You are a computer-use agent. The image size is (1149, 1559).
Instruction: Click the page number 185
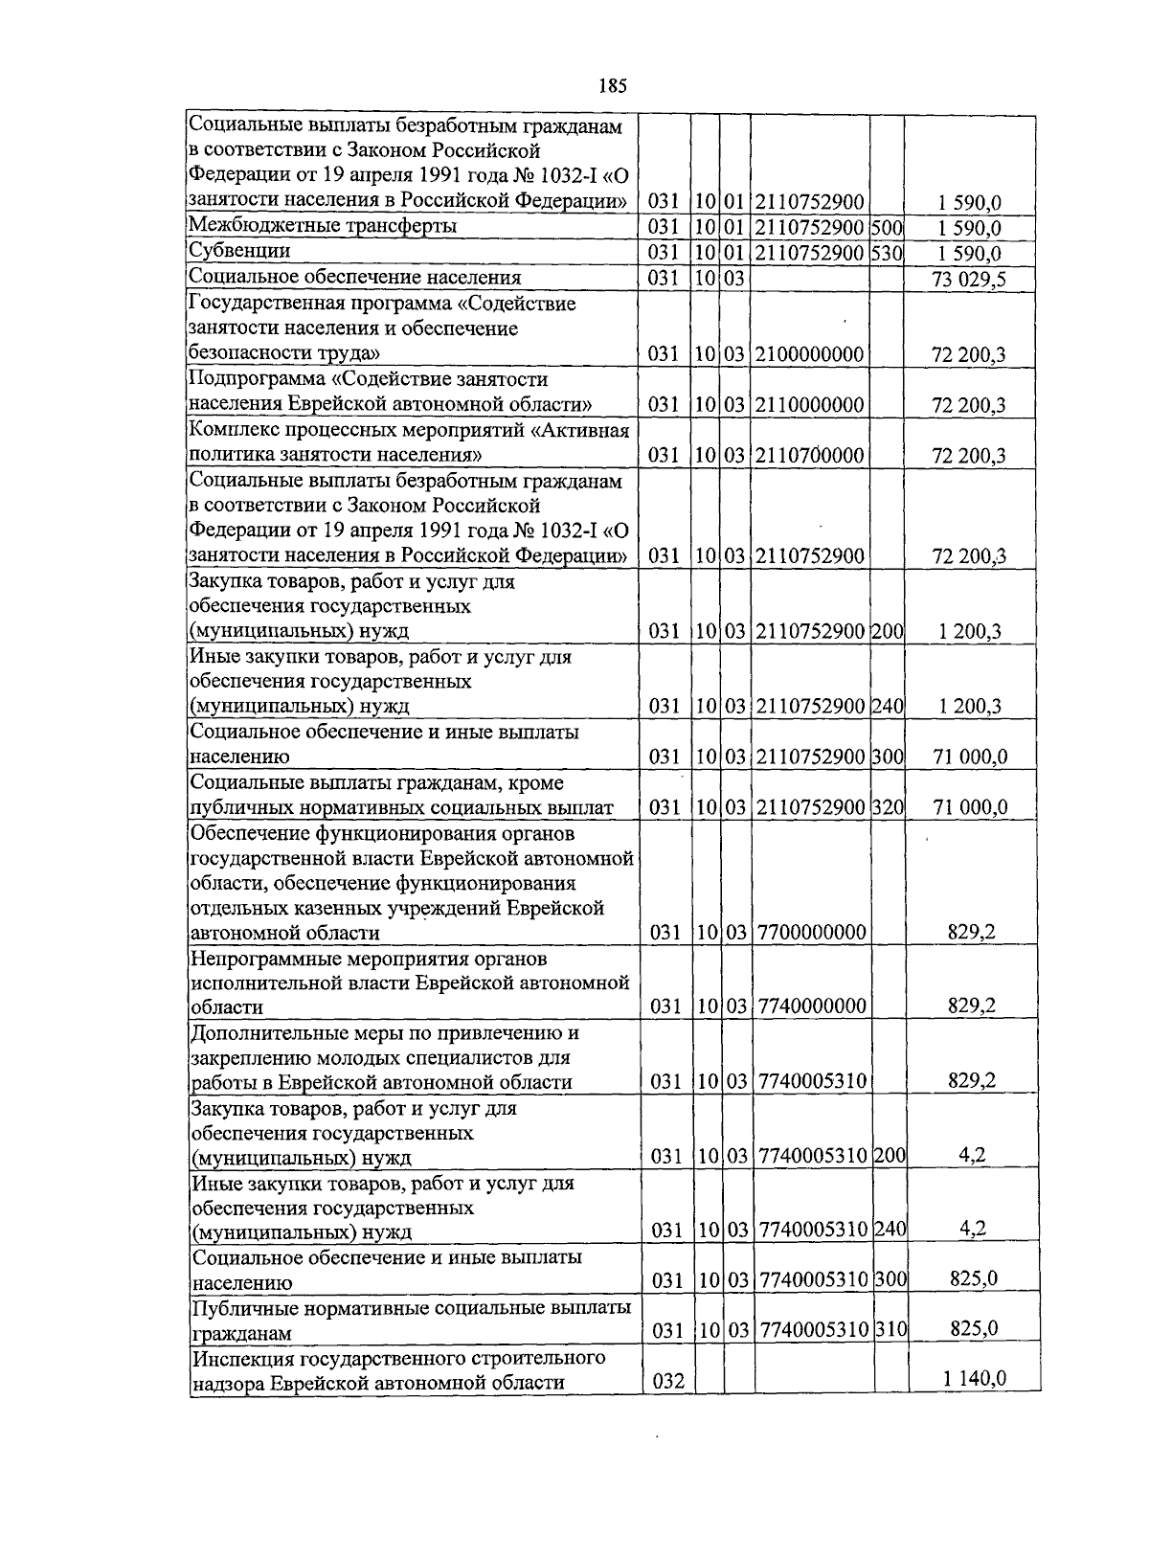coord(613,86)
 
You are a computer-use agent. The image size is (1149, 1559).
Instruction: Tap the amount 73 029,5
coord(968,279)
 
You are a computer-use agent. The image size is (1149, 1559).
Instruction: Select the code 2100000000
coord(810,354)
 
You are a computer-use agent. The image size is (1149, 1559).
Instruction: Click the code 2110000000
coord(810,404)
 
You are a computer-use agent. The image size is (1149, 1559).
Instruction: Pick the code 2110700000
coord(810,455)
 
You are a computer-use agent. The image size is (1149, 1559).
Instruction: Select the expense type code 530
coord(888,253)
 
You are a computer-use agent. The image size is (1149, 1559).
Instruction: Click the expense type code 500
coord(888,228)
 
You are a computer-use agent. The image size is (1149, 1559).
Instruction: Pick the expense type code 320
coord(888,807)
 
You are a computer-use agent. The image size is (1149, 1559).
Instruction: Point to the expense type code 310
coord(890,1330)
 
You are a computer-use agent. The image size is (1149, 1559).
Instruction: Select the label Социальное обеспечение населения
coord(355,278)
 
